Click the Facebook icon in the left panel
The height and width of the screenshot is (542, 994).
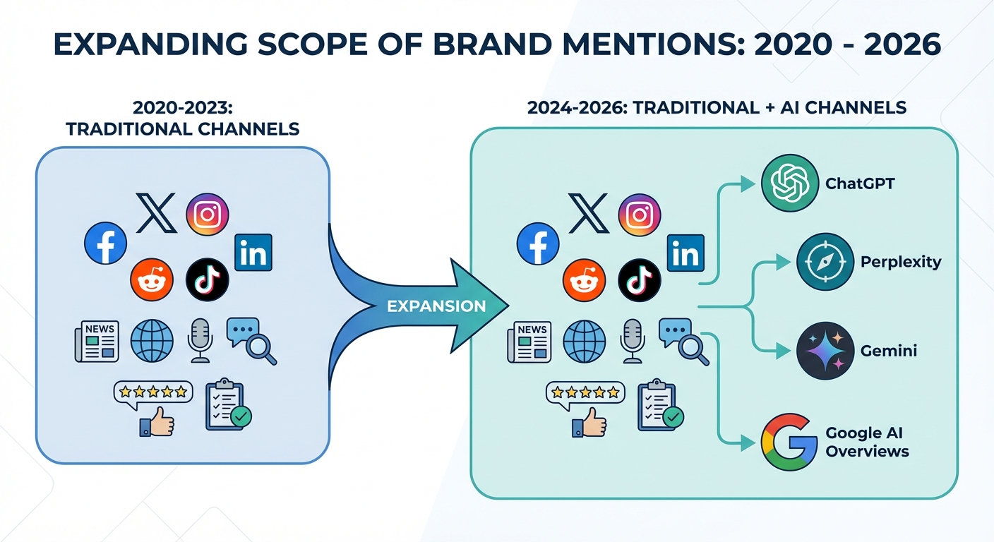105,243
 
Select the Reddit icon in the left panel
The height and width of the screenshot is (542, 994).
152,279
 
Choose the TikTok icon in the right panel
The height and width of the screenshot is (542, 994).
640,280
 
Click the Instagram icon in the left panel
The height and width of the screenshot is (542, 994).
207,215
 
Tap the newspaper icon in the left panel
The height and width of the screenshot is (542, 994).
97,341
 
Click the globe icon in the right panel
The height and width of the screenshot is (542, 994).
585,342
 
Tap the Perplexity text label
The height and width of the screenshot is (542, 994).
901,262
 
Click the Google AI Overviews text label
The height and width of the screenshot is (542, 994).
868,442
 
